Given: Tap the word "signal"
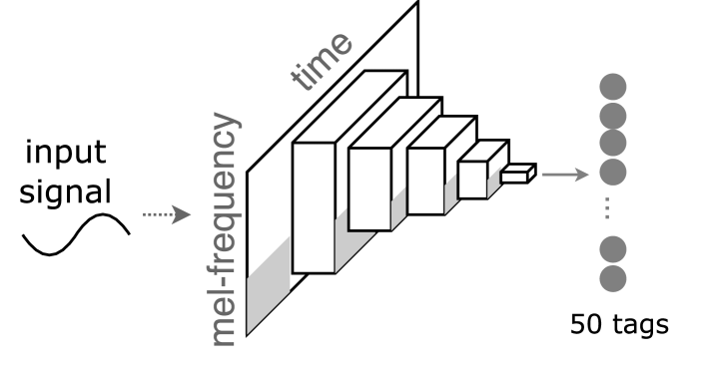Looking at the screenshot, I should pyautogui.click(x=69, y=190).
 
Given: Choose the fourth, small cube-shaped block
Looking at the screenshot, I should pyautogui.click(x=473, y=181).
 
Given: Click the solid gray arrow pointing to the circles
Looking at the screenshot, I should pyautogui.click(x=567, y=176).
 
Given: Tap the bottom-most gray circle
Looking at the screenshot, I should pyautogui.click(x=611, y=275).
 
